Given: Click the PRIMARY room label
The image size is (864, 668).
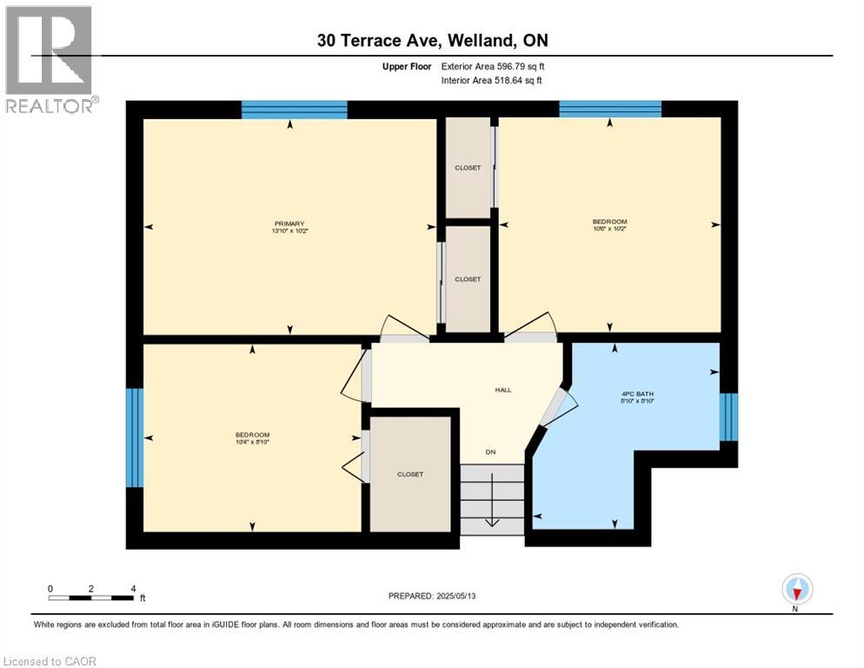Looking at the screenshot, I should point(289,224).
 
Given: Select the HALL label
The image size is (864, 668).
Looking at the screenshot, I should point(503,390).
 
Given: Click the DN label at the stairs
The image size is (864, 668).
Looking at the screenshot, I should point(491,452).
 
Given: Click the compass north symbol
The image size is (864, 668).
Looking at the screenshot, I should point(796,591).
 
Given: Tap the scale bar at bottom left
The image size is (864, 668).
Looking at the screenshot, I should point(91,598).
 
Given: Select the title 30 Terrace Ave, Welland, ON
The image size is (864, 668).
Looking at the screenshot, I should point(431,40).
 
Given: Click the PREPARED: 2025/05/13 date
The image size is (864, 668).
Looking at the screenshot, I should point(432,596).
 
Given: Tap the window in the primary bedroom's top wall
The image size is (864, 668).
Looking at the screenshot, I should point(294,110).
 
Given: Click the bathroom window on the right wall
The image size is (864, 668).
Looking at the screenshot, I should point(729,417).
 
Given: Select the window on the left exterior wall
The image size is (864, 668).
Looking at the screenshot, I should point(134,438).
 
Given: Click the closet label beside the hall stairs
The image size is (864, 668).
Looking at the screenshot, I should point(410,474).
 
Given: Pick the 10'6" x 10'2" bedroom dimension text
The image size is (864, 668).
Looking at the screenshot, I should point(609,229).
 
